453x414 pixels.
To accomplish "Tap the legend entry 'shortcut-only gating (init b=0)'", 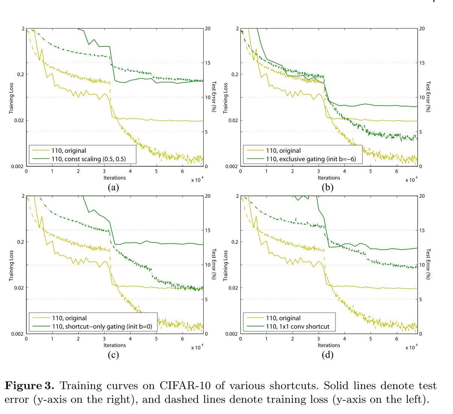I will click(x=102, y=327).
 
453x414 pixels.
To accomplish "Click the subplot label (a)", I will click(x=113, y=187).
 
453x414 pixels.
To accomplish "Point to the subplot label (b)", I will click(x=328, y=187).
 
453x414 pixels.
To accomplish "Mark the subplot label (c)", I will click(x=113, y=355).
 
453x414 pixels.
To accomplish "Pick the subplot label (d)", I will click(x=328, y=355).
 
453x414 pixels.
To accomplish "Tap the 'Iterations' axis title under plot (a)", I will click(x=115, y=178).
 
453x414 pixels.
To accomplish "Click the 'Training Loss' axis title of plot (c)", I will click(x=11, y=266).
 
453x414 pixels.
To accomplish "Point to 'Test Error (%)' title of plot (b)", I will click(x=428, y=96).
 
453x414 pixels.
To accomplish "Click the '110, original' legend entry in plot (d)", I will click(x=283, y=318).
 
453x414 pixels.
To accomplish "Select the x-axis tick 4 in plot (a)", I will click(x=130, y=172).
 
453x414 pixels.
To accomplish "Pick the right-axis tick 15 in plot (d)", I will click(x=422, y=230).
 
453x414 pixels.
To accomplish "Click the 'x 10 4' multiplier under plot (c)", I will click(x=197, y=348).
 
